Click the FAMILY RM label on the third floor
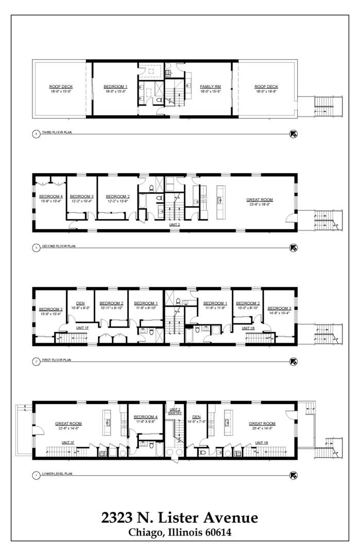pyautogui.click(x=210, y=86)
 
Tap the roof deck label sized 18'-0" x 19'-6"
pyautogui.click(x=266, y=86)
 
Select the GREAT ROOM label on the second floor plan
pyautogui.click(x=260, y=200)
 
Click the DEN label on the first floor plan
pyautogui.click(x=80, y=303)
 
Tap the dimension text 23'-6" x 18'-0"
pyautogui.click(x=260, y=204)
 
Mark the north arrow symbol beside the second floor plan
pyautogui.click(x=294, y=247)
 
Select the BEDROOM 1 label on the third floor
pyautogui.click(x=115, y=86)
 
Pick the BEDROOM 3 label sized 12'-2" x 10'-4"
pyautogui.click(x=81, y=197)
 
